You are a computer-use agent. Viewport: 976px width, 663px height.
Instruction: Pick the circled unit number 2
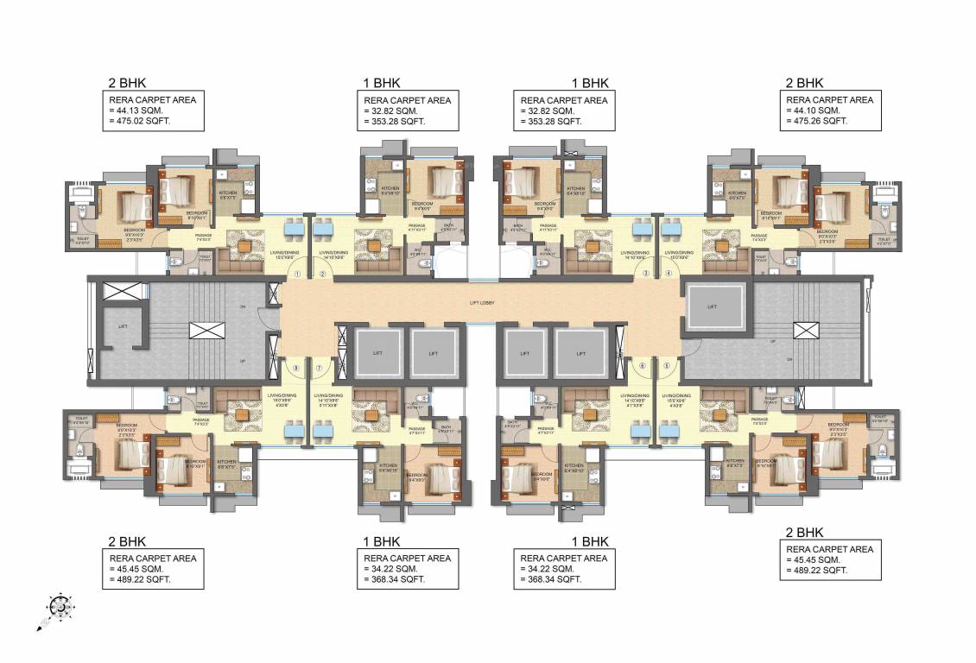click(x=322, y=274)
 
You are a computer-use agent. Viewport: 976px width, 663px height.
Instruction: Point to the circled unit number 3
click(x=645, y=274)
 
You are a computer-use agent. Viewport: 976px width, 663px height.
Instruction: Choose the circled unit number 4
click(x=669, y=274)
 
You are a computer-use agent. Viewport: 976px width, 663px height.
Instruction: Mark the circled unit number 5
click(x=666, y=365)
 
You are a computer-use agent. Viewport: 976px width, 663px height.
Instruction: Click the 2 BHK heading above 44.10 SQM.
click(x=804, y=84)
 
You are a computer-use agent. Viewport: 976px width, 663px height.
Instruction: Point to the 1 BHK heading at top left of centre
click(x=381, y=84)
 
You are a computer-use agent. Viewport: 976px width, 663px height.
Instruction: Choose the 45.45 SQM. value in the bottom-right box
click(x=816, y=559)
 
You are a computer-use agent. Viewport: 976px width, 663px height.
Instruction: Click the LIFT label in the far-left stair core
click(x=122, y=325)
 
